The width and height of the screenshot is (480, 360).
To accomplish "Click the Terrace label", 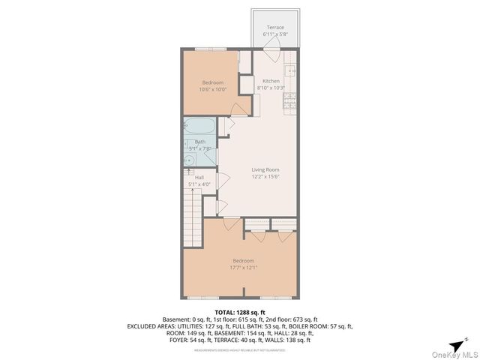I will (x=275, y=28).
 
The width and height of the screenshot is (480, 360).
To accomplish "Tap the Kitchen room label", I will (x=271, y=81).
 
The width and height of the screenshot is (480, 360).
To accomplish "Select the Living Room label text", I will (x=265, y=170).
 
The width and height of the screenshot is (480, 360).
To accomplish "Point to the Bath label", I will (x=200, y=142).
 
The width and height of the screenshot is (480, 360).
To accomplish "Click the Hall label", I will (x=199, y=178).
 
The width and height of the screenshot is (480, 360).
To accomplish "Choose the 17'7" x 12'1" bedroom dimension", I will (x=243, y=268).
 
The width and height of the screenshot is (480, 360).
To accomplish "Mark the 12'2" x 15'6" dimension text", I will (x=265, y=177).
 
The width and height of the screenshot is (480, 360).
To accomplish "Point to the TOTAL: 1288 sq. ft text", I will (x=240, y=312).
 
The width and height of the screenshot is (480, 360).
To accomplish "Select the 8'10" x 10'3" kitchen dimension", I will (x=271, y=88).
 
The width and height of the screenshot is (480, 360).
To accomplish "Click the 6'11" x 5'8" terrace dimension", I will (x=275, y=34).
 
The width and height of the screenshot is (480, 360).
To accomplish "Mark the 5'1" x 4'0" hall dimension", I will (x=199, y=184).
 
